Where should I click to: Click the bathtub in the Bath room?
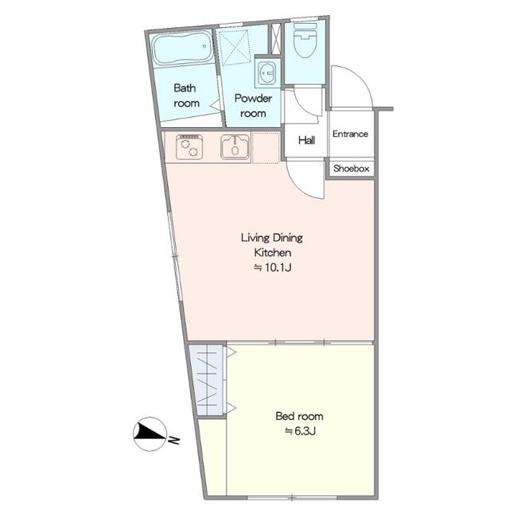point(183,49)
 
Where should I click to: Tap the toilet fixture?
point(305,40)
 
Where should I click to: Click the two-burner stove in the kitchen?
point(189,147)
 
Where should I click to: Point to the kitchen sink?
point(235,147)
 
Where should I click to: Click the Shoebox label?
point(352,169)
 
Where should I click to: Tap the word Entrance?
point(350,134)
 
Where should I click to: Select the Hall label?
point(307,140)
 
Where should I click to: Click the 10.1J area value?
point(273,267)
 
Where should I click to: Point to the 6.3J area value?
point(300,431)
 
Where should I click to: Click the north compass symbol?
point(150,434)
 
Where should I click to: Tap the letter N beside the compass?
point(174,440)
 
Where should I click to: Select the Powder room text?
point(253,106)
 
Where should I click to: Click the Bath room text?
point(185,95)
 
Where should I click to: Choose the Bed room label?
point(299,416)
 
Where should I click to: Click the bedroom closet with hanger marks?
point(208,380)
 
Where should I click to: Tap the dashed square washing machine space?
point(235,48)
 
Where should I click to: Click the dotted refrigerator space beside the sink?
point(266,148)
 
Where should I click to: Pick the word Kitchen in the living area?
point(273,253)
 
